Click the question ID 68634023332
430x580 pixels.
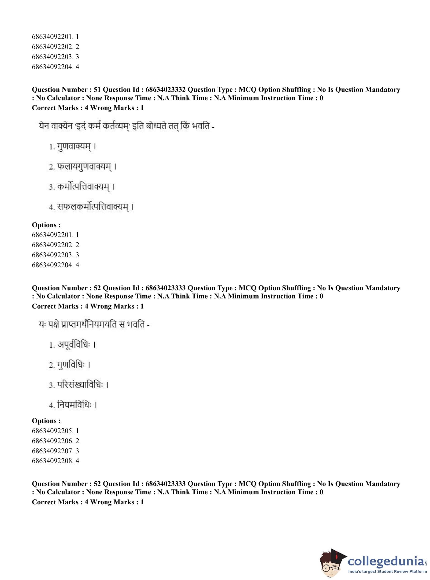[x=165, y=89]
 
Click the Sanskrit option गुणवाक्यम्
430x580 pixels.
[x=74, y=147]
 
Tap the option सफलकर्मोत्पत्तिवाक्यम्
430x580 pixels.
[x=93, y=207]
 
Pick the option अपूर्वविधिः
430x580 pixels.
[x=74, y=345]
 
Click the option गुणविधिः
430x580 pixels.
[x=71, y=365]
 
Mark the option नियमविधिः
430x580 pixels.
[x=74, y=405]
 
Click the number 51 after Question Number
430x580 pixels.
[x=97, y=89]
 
